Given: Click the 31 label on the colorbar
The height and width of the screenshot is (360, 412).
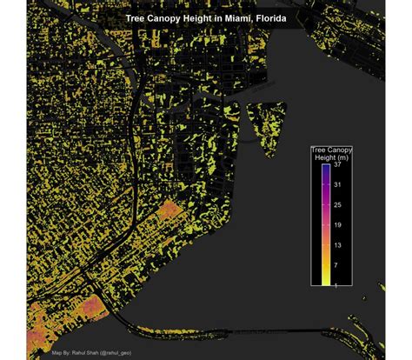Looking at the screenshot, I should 336,185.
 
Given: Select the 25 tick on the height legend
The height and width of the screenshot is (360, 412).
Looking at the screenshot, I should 336,204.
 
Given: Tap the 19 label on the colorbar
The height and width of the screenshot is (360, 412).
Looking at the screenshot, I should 336,224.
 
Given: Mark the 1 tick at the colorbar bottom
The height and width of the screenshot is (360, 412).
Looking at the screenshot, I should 336,283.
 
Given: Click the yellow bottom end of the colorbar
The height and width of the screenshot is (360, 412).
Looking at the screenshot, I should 325,280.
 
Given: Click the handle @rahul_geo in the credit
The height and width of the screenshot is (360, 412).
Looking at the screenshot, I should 114,354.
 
